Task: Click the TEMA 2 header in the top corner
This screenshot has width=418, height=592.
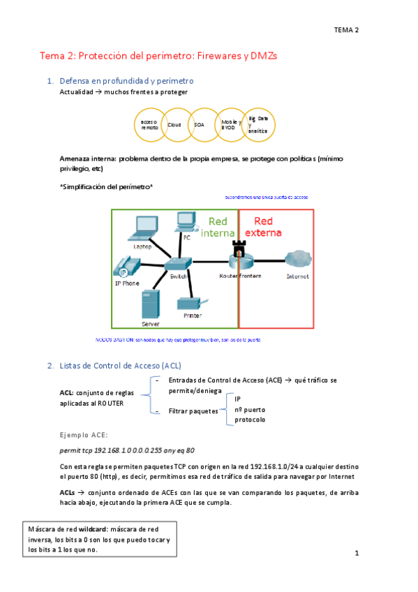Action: [346, 30]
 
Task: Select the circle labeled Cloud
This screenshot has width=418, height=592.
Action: [174, 125]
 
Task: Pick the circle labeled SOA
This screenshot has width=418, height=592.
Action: [200, 124]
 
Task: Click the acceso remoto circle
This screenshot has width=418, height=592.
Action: [149, 125]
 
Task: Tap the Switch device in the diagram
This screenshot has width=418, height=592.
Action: [177, 265]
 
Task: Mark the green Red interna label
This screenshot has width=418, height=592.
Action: [218, 227]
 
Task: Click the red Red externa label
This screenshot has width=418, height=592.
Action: [263, 227]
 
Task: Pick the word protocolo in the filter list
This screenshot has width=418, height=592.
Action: [250, 420]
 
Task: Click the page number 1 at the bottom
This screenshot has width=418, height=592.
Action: [356, 554]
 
